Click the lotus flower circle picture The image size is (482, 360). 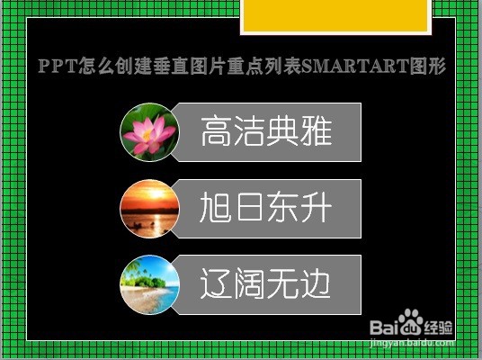149,132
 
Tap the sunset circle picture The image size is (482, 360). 149,209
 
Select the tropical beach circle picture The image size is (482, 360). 149,284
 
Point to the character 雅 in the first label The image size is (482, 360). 317,131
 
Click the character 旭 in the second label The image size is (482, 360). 216,207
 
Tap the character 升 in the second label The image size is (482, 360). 317,207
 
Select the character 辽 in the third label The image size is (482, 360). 216,283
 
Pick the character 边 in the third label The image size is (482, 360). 316,283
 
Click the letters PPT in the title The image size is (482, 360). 58,66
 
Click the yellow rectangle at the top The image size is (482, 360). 335,15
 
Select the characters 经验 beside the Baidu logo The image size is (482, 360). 438,328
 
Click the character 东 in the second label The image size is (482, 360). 282,207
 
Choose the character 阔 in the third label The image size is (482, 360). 250,283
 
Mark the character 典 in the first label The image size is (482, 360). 282,131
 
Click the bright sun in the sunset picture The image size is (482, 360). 156,193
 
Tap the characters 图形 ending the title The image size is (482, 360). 428,66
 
